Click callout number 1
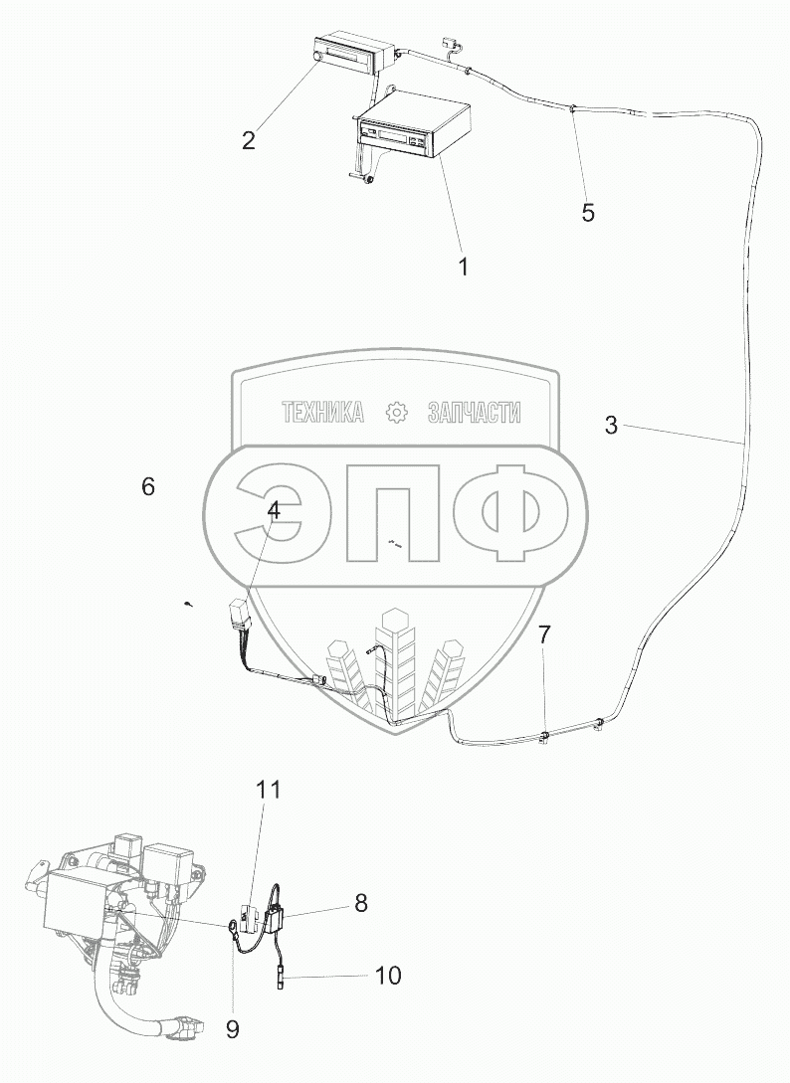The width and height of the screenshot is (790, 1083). [x=462, y=267]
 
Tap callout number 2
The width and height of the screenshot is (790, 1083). [x=248, y=139]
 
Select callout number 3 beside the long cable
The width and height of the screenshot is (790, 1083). [x=611, y=426]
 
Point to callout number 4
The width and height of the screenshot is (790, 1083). [x=272, y=510]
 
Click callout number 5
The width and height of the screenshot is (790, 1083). [x=588, y=212]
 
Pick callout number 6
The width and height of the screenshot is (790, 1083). [x=148, y=486]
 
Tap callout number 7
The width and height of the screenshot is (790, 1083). [x=543, y=634]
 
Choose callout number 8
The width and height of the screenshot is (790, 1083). [x=360, y=903]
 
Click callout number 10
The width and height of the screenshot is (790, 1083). [x=387, y=976]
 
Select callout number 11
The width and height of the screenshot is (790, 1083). [x=269, y=791]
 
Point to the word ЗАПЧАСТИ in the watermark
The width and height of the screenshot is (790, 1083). [x=475, y=413]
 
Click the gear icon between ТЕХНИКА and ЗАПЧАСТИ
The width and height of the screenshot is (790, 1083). [x=397, y=413]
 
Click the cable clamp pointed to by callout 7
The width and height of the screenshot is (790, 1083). [x=543, y=737]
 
